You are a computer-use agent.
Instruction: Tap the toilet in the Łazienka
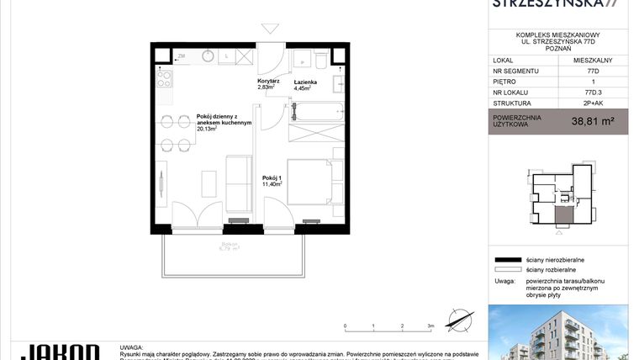pyautogui.click(x=319, y=61)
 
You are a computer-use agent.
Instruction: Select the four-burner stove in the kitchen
pyautogui.click(x=164, y=79)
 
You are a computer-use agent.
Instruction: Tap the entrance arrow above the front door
pyautogui.click(x=269, y=31)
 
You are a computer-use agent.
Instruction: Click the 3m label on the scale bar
pyautogui.click(x=430, y=325)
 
